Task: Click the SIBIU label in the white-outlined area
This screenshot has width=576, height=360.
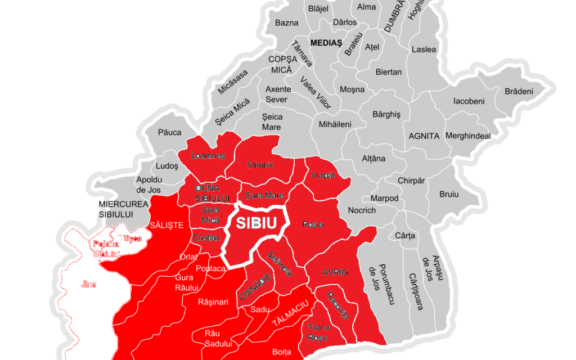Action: pyautogui.click(x=256, y=223)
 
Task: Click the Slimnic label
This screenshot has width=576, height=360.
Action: pyautogui.click(x=261, y=165)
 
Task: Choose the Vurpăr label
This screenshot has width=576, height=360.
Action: pyautogui.click(x=323, y=175)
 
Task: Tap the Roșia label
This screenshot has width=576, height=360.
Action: pyautogui.click(x=313, y=224)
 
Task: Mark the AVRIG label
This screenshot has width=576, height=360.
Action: pyautogui.click(x=335, y=272)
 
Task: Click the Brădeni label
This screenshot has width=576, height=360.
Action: pyautogui.click(x=519, y=91)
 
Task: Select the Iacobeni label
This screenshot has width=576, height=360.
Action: pyautogui.click(x=469, y=102)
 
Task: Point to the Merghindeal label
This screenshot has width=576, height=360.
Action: pyautogui.click(x=468, y=136)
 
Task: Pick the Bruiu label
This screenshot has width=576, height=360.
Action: pyautogui.click(x=449, y=194)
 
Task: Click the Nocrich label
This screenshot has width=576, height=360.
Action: pyautogui.click(x=362, y=210)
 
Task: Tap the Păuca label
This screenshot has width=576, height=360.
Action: pyautogui.click(x=170, y=132)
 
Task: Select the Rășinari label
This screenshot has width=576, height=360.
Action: pyautogui.click(x=213, y=302)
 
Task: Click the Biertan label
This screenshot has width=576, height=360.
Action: pyautogui.click(x=389, y=72)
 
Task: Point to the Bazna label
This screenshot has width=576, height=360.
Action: pyautogui.click(x=287, y=23)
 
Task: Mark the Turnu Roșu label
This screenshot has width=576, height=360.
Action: pyautogui.click(x=318, y=332)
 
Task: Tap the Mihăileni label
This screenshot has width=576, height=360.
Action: pyautogui.click(x=335, y=124)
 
